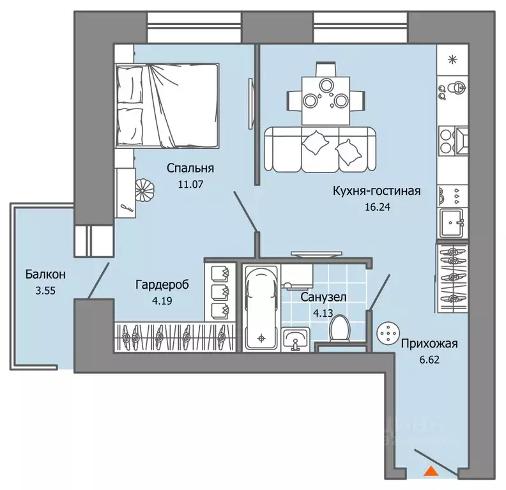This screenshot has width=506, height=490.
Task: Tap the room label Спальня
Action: pos(190,168)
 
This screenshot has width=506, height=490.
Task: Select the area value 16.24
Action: pos(377,207)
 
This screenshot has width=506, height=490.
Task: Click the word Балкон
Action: pos(45,274)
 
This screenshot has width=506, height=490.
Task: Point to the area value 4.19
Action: pos(162,301)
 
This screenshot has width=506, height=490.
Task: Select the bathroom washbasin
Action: pos(295,339)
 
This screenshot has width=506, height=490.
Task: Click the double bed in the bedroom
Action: pos(167,105)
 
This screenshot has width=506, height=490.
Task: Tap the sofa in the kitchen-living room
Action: pos(320,149)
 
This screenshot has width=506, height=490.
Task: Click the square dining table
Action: pos(326,101)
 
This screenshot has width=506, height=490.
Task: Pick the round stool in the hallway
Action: pos(388,333)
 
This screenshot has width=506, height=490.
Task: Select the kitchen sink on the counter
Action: pos(452,222)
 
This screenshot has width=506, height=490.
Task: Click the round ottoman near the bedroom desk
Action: pos(145,190)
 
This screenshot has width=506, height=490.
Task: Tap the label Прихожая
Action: pos(429,344)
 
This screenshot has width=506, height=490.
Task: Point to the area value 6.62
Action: pos(429,360)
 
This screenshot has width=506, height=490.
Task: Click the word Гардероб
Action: pos(162,285)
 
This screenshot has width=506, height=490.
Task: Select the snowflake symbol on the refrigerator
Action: pos(453,59)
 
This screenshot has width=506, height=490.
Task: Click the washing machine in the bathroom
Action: pos(297,276)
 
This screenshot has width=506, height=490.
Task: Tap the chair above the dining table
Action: pos(326,69)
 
